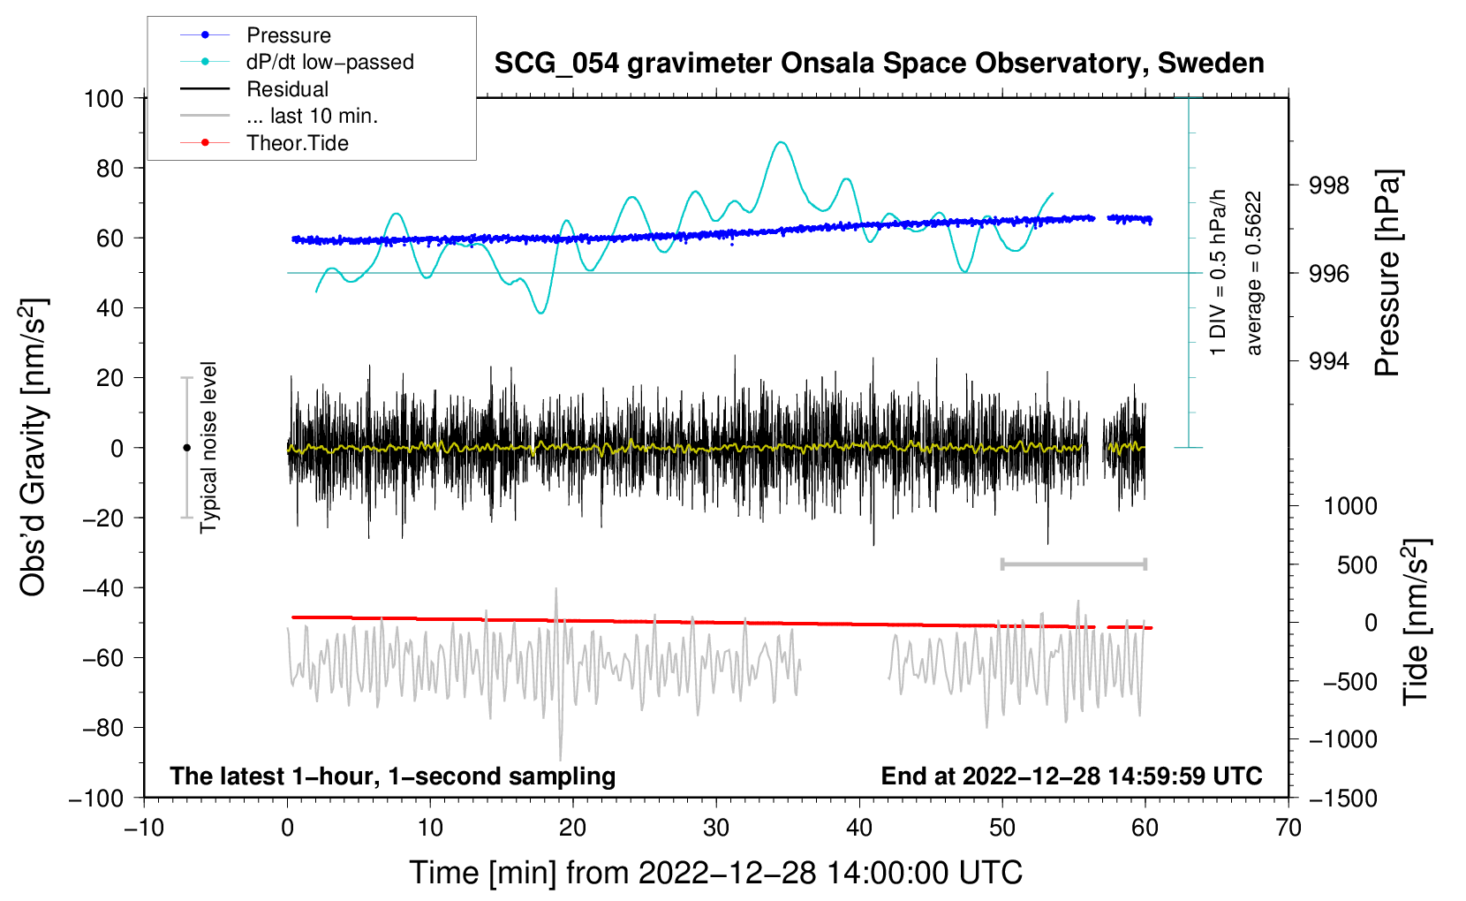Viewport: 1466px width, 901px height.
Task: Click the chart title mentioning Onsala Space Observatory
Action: [879, 64]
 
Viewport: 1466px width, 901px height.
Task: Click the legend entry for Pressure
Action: [288, 35]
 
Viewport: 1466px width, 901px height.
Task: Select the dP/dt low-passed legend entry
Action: [329, 62]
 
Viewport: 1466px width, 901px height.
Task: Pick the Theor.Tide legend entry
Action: [297, 143]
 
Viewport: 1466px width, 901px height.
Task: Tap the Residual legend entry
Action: [287, 89]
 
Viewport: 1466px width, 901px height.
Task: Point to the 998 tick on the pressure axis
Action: [1329, 185]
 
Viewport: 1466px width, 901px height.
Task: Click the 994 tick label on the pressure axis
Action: [1329, 360]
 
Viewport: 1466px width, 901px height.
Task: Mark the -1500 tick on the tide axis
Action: [1342, 798]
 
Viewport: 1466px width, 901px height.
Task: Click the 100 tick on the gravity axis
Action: [103, 98]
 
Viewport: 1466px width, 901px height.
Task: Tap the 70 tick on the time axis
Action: [1288, 828]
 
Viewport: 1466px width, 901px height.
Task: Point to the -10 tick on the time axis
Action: [144, 828]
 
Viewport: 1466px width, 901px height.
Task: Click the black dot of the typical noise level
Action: [186, 448]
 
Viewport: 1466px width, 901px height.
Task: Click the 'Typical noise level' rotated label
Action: [208, 447]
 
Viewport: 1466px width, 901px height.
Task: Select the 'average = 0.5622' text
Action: [1253, 274]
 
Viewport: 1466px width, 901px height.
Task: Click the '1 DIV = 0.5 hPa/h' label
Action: [1219, 272]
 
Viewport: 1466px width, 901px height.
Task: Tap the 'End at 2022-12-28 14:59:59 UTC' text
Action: [1071, 776]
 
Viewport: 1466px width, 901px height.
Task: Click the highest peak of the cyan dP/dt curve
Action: [780, 142]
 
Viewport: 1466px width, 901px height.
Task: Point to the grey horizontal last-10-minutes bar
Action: [1073, 564]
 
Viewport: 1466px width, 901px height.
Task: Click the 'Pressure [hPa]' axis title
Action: [1387, 274]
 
